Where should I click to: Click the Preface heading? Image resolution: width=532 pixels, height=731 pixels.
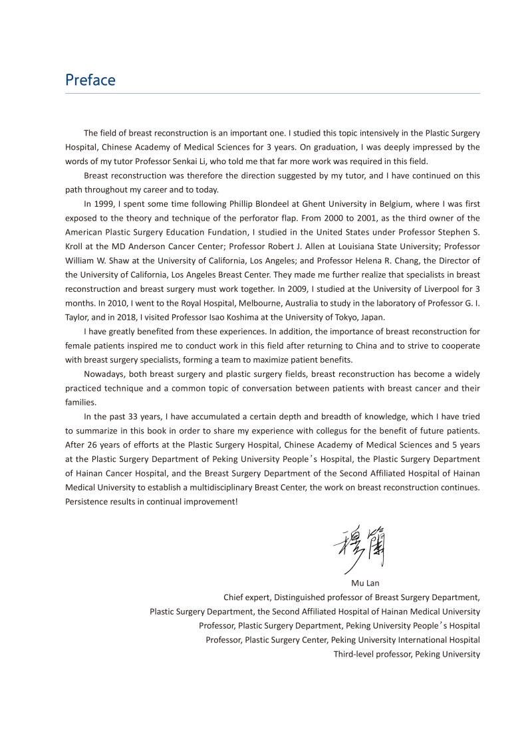tap(90, 80)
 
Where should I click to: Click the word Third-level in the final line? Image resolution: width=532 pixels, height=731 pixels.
tap(356, 654)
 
